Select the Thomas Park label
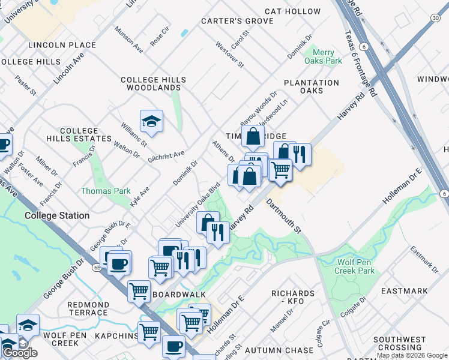point(106,191)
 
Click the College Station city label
point(57,215)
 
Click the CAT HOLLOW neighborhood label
point(293,11)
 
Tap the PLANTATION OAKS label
point(312,86)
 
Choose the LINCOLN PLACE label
point(62,45)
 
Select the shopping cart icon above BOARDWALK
point(139,291)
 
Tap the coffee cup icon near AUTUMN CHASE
point(174,346)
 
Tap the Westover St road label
point(229,55)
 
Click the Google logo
point(20,353)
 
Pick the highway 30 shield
point(443,19)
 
